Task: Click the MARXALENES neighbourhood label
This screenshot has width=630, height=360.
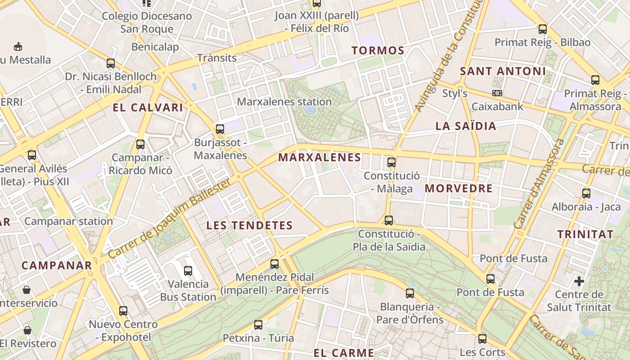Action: tap(319, 157)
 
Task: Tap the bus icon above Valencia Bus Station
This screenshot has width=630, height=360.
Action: tap(188, 271)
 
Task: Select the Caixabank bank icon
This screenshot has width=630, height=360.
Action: tap(497, 93)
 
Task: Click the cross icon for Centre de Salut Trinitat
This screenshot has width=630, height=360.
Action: tap(579, 282)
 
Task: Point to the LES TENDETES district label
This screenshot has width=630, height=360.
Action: tap(249, 225)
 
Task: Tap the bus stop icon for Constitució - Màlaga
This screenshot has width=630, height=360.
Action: tap(391, 162)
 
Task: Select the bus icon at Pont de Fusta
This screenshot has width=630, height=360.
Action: tap(490, 279)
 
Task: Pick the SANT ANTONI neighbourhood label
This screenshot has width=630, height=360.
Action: tap(503, 71)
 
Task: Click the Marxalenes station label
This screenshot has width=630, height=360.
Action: tap(284, 102)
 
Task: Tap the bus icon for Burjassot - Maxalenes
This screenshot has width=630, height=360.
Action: tap(220, 129)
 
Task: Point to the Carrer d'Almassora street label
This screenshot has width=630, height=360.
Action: tap(538, 184)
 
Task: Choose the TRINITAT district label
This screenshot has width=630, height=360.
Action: tap(585, 234)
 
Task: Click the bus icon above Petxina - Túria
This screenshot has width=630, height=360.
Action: tap(258, 325)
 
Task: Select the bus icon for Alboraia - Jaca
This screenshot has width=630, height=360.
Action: tap(586, 193)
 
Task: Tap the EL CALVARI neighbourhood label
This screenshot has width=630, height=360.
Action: tap(148, 108)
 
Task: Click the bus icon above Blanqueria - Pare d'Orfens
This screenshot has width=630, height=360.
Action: tap(410, 294)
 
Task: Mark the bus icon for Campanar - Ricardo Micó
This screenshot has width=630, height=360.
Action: tap(140, 144)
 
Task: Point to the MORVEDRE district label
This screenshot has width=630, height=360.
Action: tap(459, 189)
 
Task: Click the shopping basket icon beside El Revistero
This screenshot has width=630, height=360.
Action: tap(27, 331)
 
